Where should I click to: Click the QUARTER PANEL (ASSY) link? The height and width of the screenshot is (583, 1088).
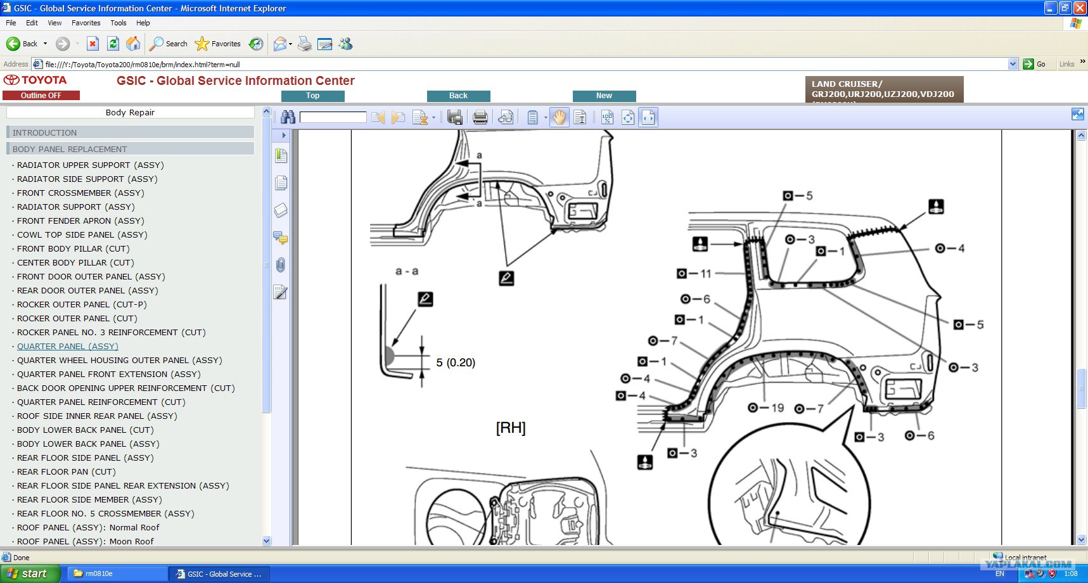coord(68,346)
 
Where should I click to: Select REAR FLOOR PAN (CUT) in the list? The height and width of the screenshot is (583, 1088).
coord(67,471)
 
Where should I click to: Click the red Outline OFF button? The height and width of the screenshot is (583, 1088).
coord(41,95)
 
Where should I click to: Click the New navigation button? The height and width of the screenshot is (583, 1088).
coord(604,96)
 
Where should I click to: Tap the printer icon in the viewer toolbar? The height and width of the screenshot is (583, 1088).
coord(480,117)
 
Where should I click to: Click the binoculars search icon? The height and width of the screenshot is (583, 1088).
coord(288,117)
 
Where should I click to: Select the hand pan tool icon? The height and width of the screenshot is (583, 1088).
coord(559,117)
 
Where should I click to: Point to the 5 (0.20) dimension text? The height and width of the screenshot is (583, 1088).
coord(456,362)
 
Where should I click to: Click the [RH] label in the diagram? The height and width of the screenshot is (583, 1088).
coord(511,428)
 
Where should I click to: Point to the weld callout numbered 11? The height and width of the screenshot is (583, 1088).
coord(694,274)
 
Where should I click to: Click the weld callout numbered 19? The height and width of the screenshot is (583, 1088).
coord(766,408)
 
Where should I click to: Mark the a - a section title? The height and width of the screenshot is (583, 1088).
coord(407,271)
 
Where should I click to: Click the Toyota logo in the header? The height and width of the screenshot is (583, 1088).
coord(35,80)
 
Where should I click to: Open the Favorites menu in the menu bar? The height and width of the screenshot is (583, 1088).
coord(86,23)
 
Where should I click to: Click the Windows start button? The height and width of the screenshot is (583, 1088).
coord(30,573)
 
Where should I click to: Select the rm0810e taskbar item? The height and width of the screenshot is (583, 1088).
coord(117,573)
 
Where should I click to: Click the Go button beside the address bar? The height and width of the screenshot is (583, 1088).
coord(1034,64)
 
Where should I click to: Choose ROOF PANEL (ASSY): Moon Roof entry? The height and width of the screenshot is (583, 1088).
coord(85,541)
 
